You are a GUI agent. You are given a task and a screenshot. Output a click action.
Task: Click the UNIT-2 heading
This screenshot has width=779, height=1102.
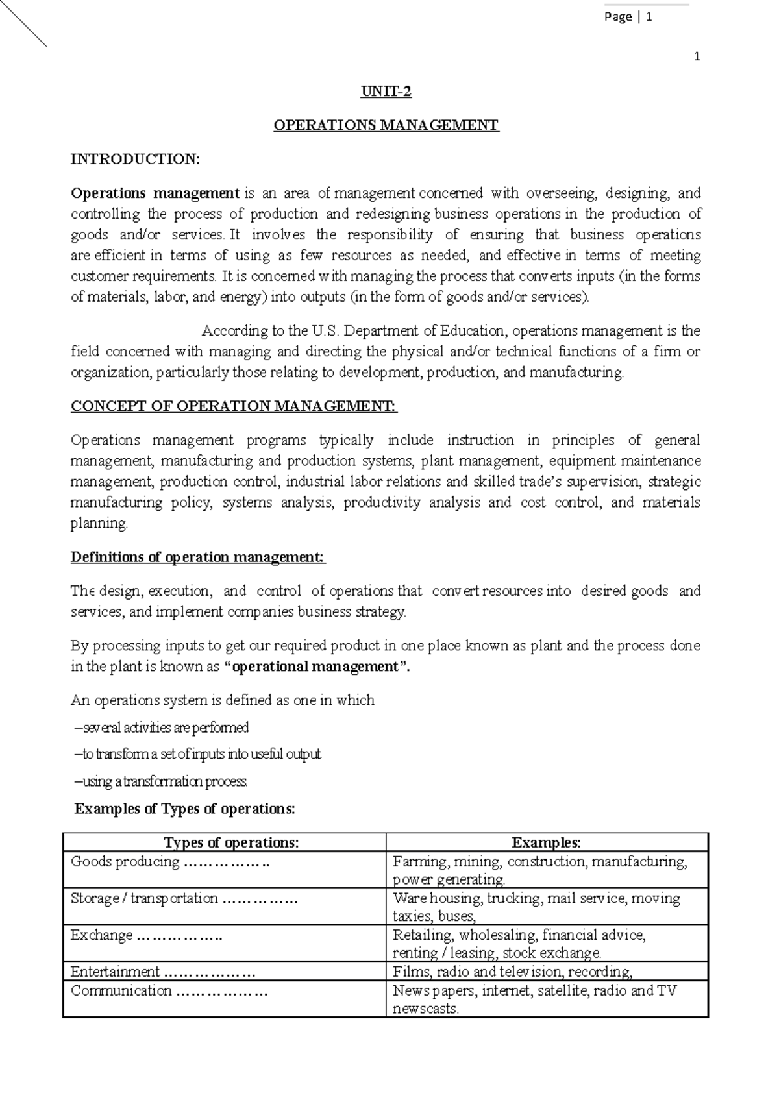tap(386, 92)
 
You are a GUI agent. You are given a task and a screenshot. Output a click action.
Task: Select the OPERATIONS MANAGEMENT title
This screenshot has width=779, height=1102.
tap(386, 125)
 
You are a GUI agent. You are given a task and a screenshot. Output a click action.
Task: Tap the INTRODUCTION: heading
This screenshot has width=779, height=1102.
tap(135, 159)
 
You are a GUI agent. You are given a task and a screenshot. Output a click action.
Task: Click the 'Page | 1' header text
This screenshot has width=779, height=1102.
tap(628, 18)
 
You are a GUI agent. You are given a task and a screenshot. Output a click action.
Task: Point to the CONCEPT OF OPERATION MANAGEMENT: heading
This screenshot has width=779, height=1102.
tap(233, 406)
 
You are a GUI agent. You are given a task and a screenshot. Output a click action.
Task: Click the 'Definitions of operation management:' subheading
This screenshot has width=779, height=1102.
tap(197, 557)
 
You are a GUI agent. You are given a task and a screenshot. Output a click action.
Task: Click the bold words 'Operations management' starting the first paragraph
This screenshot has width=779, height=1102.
tap(155, 193)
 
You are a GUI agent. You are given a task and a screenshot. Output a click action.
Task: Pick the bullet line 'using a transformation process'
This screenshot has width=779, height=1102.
tap(162, 781)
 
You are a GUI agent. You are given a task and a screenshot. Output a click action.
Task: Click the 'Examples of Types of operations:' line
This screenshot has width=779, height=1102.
tap(185, 809)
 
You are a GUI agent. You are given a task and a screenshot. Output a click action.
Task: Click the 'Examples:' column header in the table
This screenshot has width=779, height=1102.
tap(546, 842)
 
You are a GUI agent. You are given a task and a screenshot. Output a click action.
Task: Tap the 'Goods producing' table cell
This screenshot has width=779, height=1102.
tap(125, 861)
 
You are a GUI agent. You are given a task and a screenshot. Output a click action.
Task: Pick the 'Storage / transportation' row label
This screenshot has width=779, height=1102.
tap(144, 898)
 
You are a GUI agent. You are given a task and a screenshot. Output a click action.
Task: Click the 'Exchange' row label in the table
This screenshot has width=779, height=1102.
tap(101, 935)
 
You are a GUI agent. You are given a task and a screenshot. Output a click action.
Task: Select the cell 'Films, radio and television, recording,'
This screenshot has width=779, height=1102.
tap(512, 972)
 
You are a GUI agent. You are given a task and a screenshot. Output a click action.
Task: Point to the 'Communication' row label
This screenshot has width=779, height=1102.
tap(121, 990)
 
